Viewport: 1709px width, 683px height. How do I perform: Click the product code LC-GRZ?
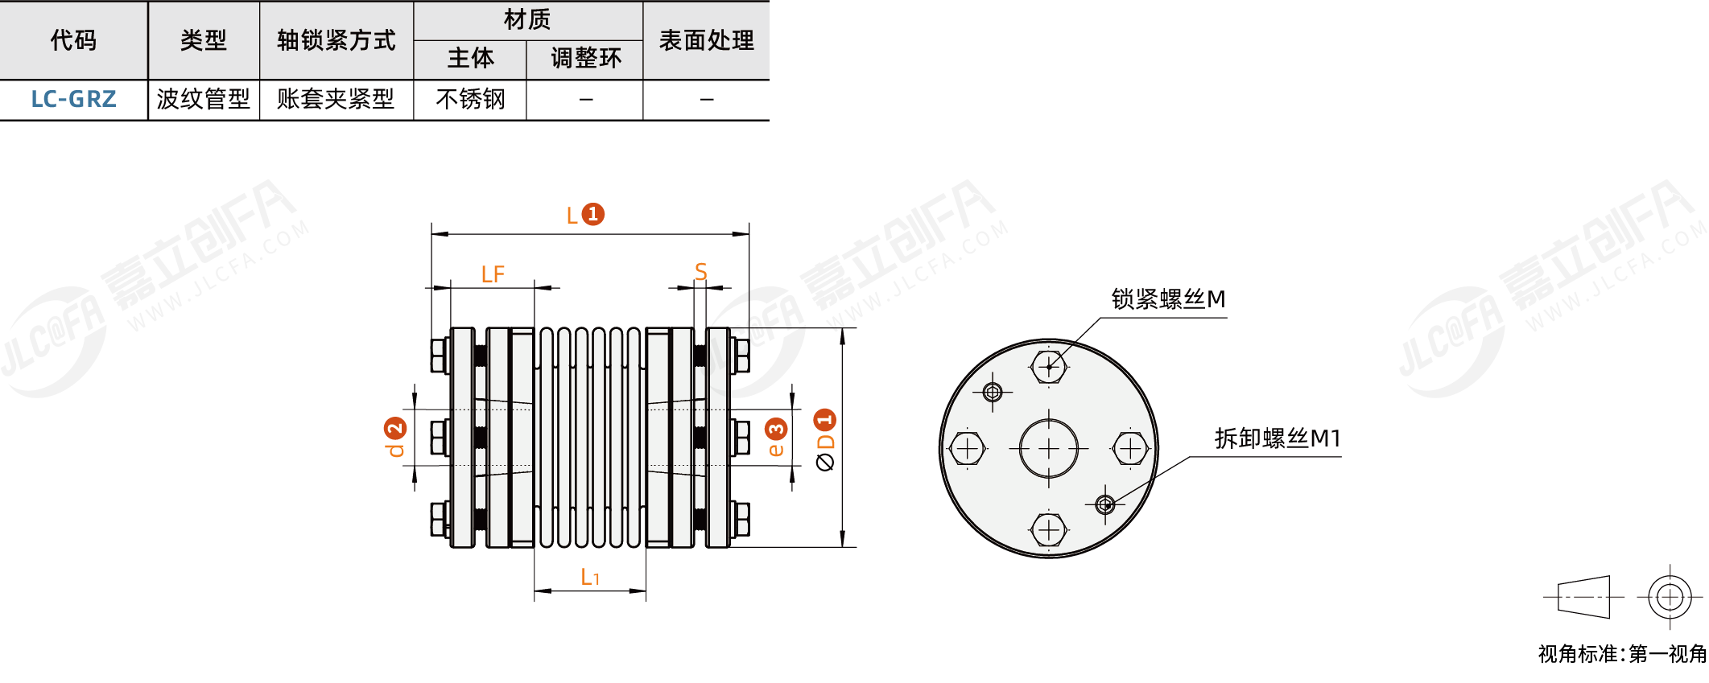point(73,99)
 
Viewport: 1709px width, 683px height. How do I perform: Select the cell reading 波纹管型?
point(204,99)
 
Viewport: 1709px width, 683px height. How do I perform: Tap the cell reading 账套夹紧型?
point(336,99)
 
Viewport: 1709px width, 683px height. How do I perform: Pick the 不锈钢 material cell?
point(470,99)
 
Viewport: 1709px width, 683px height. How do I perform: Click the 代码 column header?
point(73,39)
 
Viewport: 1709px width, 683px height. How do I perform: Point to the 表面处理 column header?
point(706,39)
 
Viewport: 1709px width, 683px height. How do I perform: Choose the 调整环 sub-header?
point(585,58)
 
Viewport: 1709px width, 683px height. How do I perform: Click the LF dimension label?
point(493,274)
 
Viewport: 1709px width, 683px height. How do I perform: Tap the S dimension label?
point(700,272)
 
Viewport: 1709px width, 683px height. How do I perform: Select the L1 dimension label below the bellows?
point(590,577)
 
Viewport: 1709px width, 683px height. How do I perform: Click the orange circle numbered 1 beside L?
point(592,214)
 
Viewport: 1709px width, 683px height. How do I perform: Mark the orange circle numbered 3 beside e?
point(776,429)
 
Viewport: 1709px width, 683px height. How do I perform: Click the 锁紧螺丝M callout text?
point(1168,299)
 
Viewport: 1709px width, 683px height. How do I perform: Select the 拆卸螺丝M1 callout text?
point(1278,438)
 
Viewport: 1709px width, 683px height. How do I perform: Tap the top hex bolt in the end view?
point(1049,367)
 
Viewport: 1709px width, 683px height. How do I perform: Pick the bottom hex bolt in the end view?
point(1049,530)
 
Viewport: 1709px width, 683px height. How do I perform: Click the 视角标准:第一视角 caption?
point(1622,654)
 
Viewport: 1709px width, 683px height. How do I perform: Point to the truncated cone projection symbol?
point(1584,597)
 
